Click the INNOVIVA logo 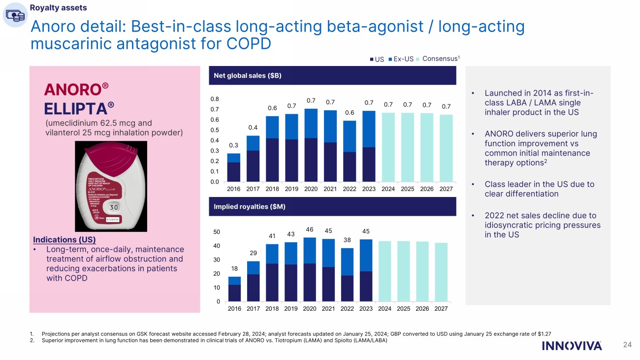click(x=572, y=346)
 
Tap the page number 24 click(x=627, y=345)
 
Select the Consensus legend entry click(x=441, y=59)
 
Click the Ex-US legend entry click(x=403, y=59)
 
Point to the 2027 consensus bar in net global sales click(x=446, y=148)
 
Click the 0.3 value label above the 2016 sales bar click(x=233, y=145)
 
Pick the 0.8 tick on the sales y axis click(x=215, y=99)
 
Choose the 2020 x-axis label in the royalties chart click(x=309, y=309)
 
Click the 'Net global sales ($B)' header click(x=248, y=76)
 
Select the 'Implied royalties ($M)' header click(x=250, y=207)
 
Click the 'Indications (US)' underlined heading click(x=64, y=240)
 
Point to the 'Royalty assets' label click(x=58, y=7)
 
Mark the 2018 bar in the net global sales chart click(x=272, y=149)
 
